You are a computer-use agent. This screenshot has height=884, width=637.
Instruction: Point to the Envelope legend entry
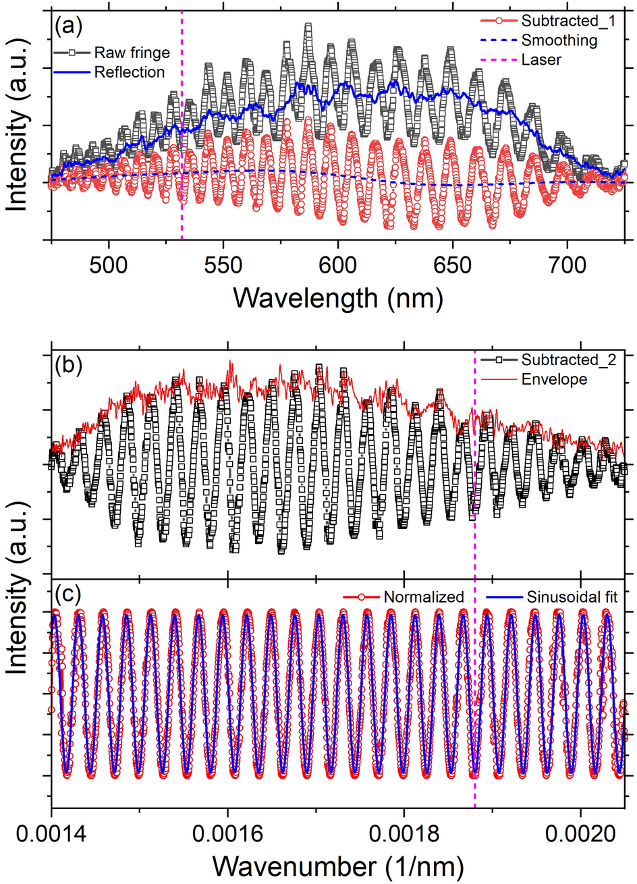[x=554, y=379]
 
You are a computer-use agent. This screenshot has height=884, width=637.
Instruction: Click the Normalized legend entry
[x=424, y=597]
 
